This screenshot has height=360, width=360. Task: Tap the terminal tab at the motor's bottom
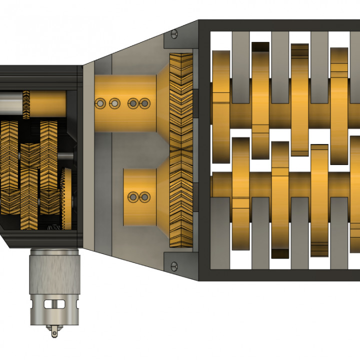pyautogui.click(x=54, y=330)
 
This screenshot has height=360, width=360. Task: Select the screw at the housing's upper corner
pyautogui.click(x=174, y=34)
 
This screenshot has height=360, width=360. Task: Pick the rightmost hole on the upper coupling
pyautogui.click(x=145, y=103)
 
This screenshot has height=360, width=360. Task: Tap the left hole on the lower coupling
pyautogui.click(x=133, y=197)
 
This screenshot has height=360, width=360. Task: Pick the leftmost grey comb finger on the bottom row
pyautogui.click(x=220, y=230)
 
